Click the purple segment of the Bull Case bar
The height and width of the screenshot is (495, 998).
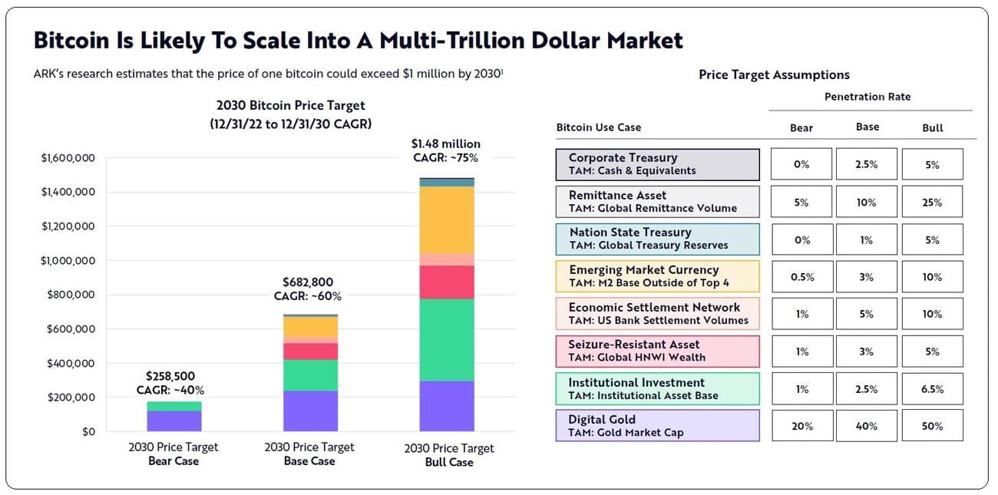[447, 406]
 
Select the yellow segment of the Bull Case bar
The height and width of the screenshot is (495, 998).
[447, 220]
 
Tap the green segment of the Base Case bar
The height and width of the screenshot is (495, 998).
[310, 375]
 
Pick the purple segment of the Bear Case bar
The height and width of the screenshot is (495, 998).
[173, 421]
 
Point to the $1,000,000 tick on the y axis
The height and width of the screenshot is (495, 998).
[68, 261]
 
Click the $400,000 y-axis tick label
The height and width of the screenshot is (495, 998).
[68, 363]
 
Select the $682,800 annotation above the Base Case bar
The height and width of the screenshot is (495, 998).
[308, 282]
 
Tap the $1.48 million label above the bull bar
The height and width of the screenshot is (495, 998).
[445, 144]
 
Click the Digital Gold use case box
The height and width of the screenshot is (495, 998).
[657, 426]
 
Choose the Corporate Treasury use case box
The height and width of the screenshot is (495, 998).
[657, 164]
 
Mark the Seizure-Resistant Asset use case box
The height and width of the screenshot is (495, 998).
[657, 351]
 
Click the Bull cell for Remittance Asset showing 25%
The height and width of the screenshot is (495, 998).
[933, 203]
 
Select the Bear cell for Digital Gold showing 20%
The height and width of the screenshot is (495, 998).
[801, 426]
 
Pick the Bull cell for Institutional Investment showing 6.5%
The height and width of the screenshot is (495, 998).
[933, 389]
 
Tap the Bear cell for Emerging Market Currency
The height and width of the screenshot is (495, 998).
[801, 277]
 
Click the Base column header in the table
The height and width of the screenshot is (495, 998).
[867, 127]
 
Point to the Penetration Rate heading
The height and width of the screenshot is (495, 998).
[867, 97]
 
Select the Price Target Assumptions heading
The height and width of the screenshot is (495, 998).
[774, 74]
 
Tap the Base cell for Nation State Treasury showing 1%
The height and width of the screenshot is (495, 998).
[867, 240]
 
